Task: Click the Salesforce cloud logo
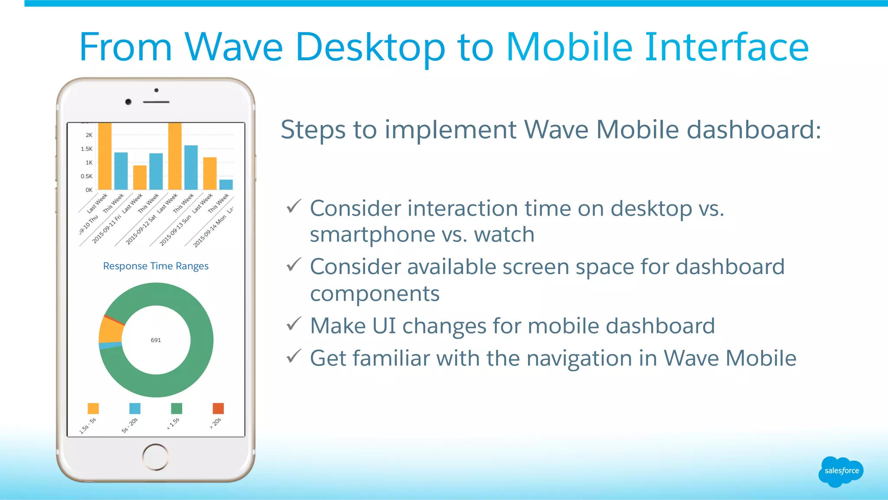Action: point(841,471)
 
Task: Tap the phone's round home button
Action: point(155,457)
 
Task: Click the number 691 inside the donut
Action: point(156,340)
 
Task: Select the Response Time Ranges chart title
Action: point(156,266)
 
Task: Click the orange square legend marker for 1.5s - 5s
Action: point(93,408)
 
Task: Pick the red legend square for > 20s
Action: point(218,408)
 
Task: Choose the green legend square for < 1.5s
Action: point(176,408)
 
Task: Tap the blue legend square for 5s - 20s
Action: point(135,408)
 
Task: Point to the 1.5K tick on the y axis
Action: point(87,149)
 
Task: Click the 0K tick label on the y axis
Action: point(89,190)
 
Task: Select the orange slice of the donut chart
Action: point(111,331)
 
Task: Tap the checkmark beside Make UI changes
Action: point(294,324)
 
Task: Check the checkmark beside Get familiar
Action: point(294,356)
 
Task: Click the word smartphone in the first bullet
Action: point(372,235)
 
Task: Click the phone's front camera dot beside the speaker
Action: point(128,102)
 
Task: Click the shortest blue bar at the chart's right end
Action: point(226,185)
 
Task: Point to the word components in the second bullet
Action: point(375,294)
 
